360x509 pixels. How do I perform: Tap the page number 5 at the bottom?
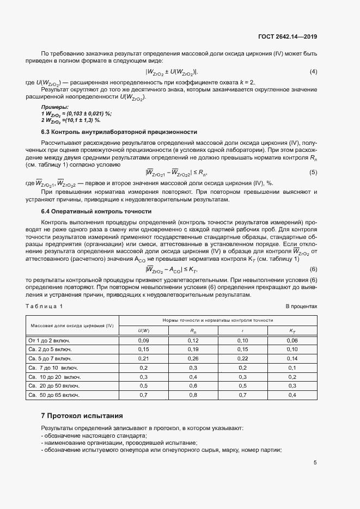pyautogui.click(x=315, y=463)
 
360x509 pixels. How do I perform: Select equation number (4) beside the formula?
pyautogui.click(x=313, y=72)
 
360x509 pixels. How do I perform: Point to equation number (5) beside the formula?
pyautogui.click(x=313, y=173)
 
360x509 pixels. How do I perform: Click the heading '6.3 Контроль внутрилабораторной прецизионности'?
pyautogui.click(x=119, y=132)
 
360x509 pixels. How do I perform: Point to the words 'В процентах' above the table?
pyautogui.click(x=301, y=306)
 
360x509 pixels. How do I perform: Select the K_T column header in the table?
pyautogui.click(x=292, y=330)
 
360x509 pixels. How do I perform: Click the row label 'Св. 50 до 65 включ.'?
pyautogui.click(x=53, y=395)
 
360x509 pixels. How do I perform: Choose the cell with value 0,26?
pyautogui.click(x=193, y=359)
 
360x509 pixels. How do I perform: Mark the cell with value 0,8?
pyautogui.click(x=193, y=395)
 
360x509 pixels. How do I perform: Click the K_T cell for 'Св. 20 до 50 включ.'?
pyautogui.click(x=292, y=386)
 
